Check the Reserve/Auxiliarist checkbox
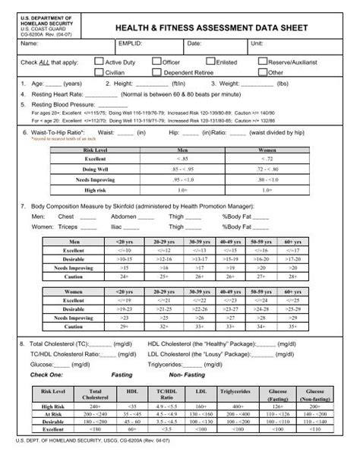point(262,61)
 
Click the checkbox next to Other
point(262,72)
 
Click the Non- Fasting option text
point(186,375)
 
